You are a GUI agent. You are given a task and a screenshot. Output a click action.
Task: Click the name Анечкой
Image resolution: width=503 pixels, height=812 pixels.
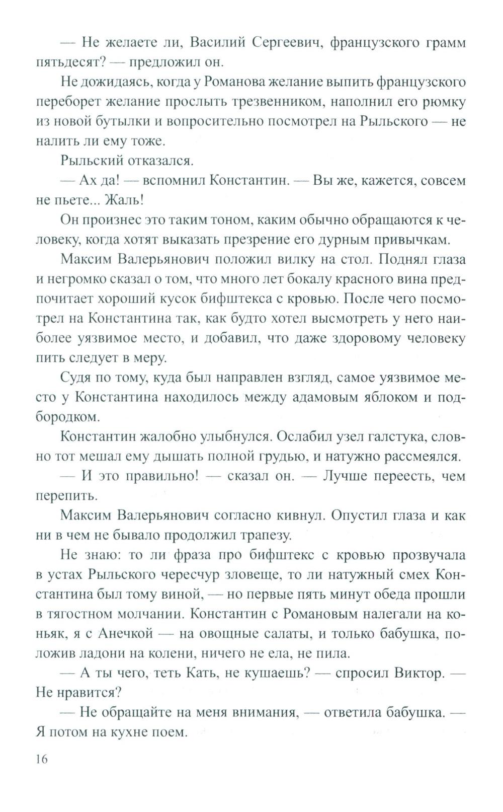pos(131,633)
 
